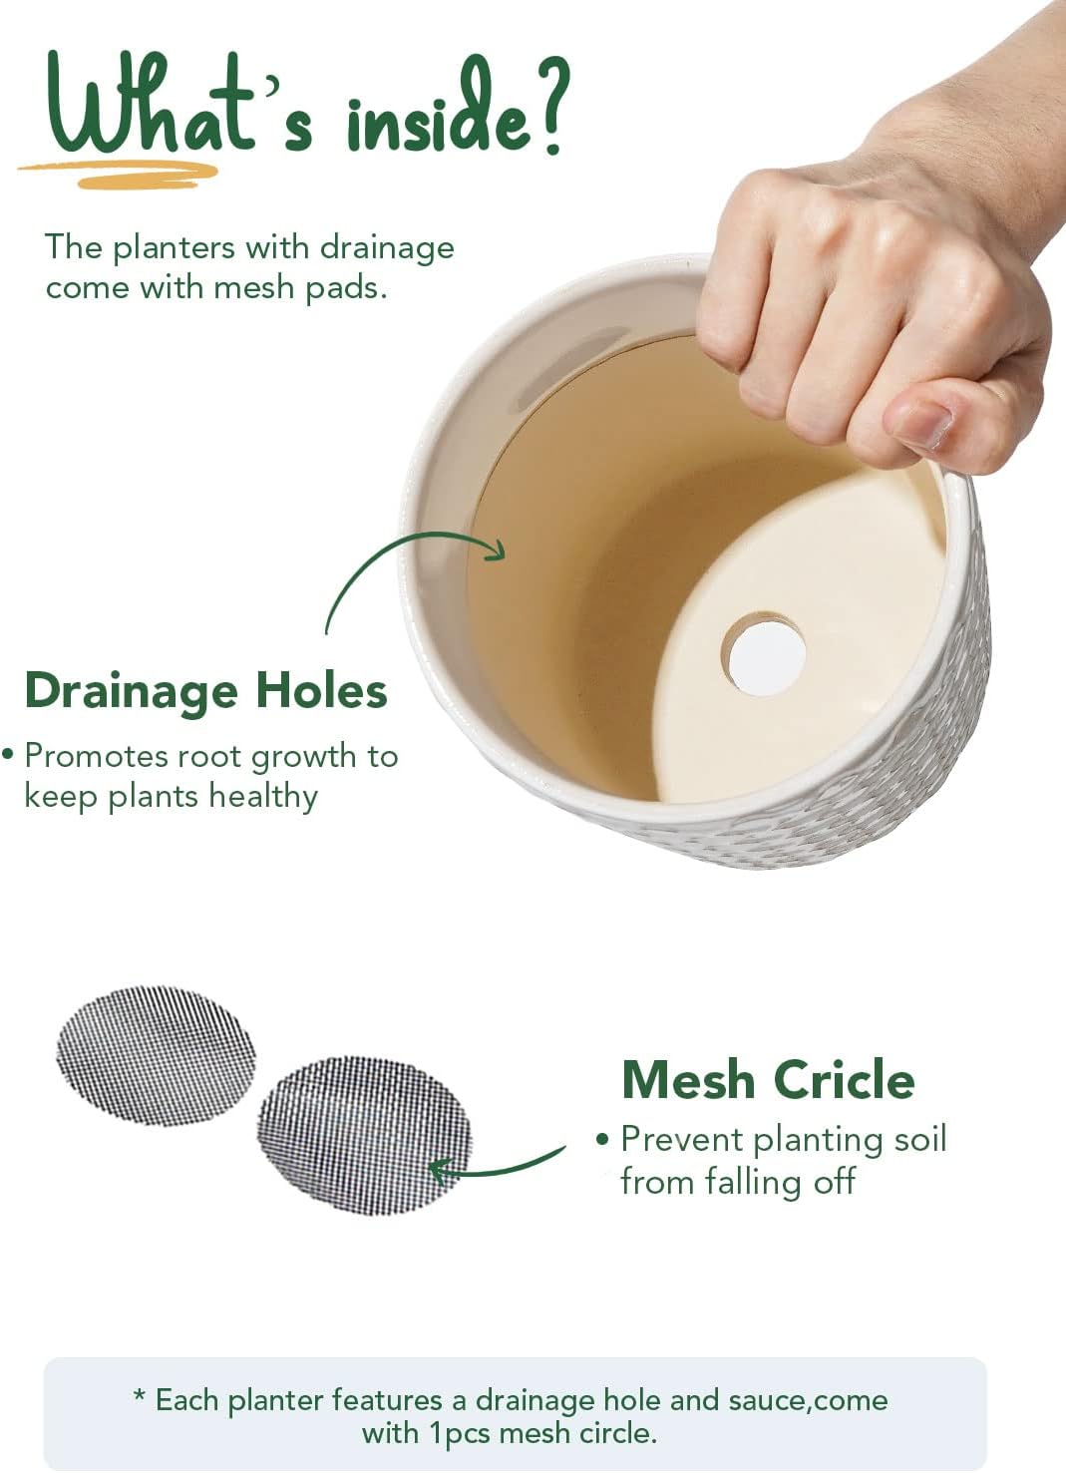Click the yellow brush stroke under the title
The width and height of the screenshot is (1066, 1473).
[x=120, y=175]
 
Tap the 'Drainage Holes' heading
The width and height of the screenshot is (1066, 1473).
[x=205, y=690]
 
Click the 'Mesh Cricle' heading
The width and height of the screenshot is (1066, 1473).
[x=768, y=1079]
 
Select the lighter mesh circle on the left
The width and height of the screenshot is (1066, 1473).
[x=156, y=1055]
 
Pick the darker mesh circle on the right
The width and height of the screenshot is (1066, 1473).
[x=364, y=1135]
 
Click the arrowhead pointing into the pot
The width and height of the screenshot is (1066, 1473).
[x=495, y=550]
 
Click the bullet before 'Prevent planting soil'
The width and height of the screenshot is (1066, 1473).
[x=601, y=1139]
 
